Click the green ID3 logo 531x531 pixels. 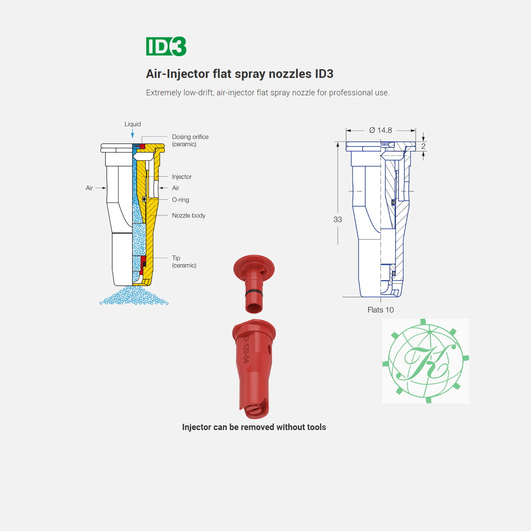click(x=166, y=46)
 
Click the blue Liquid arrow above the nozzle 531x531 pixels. click(x=133, y=134)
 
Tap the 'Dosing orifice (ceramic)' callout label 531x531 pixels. click(x=190, y=140)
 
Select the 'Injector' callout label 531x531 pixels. click(x=181, y=177)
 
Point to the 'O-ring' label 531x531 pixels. click(x=181, y=199)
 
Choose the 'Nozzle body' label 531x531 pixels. click(x=188, y=215)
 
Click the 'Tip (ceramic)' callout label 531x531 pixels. click(x=184, y=262)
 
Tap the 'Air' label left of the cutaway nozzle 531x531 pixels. click(x=89, y=188)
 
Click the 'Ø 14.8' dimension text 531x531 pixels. click(x=380, y=130)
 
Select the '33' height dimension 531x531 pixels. click(x=338, y=219)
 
